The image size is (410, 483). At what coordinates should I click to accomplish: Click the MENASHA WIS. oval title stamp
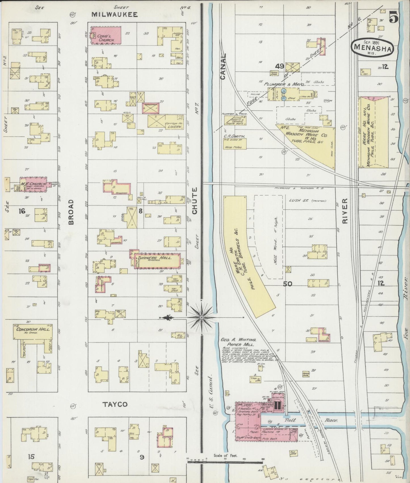(372, 48)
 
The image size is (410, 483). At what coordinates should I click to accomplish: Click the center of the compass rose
(201, 317)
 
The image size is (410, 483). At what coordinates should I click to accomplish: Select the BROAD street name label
(71, 212)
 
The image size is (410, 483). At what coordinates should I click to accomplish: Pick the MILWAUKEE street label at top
(115, 14)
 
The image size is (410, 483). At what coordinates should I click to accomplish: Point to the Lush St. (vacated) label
(307, 201)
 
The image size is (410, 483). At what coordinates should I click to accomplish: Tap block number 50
(287, 283)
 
